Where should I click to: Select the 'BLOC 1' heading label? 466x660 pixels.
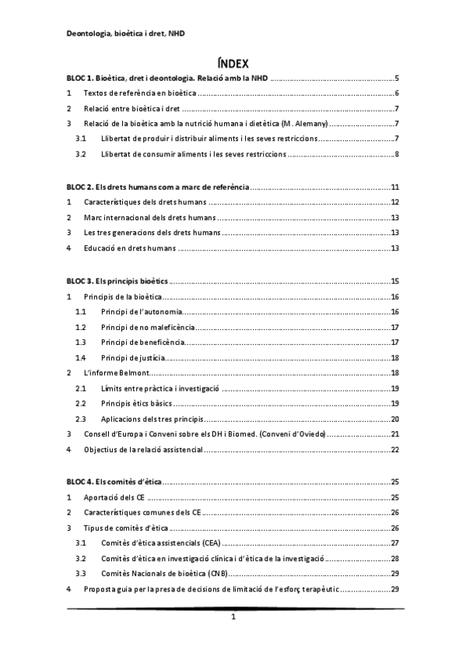(80, 78)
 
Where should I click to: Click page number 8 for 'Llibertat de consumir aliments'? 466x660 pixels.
(396, 154)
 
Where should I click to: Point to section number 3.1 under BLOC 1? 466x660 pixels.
(81, 139)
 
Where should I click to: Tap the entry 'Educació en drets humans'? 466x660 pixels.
(129, 248)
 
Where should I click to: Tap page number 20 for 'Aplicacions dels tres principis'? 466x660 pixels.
(394, 418)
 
